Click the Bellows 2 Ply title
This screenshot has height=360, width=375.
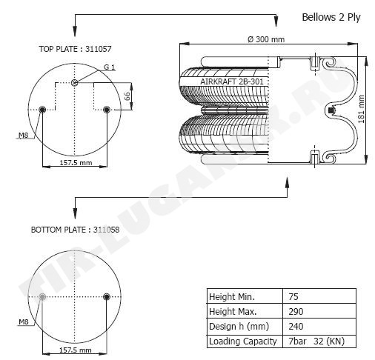tap(331, 18)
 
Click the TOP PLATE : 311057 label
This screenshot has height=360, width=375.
tap(75, 49)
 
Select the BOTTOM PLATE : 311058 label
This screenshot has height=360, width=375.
tap(75, 230)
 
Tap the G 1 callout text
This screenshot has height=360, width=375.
tap(109, 67)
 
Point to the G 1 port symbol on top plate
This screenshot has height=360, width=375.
tap(74, 83)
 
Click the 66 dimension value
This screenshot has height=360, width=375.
tap(127, 96)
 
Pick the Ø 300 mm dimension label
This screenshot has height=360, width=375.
tap(266, 39)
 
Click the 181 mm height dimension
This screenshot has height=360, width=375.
tap(361, 109)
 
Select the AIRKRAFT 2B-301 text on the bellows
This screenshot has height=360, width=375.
tap(232, 81)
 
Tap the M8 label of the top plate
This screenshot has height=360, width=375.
tap(24, 135)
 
